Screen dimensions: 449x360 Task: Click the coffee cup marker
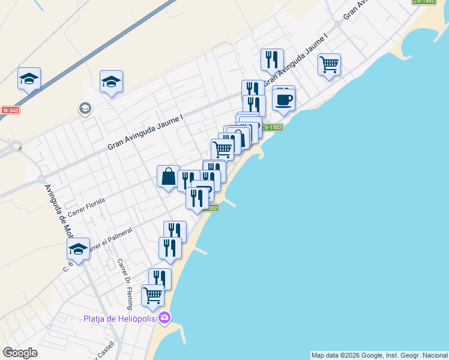[283, 99]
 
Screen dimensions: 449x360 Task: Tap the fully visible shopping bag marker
[168, 176]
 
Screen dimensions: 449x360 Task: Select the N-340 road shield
[10, 110]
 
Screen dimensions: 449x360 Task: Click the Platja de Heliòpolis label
[121, 318]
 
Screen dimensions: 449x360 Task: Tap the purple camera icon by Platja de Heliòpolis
[164, 318]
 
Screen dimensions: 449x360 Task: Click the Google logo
[20, 353]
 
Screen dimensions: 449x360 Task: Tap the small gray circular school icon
[85, 108]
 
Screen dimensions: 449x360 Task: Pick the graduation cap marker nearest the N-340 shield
[29, 79]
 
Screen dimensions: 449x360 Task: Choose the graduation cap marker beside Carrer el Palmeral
[78, 248]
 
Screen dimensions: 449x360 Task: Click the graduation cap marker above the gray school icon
[111, 82]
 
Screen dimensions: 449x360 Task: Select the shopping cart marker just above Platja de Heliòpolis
[152, 295]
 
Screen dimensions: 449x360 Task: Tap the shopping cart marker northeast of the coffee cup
[329, 64]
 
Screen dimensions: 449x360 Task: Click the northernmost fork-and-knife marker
[272, 59]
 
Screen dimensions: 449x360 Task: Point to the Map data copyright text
[379, 355]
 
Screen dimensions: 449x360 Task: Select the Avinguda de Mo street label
[57, 210]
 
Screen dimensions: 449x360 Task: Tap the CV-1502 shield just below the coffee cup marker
[271, 127]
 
